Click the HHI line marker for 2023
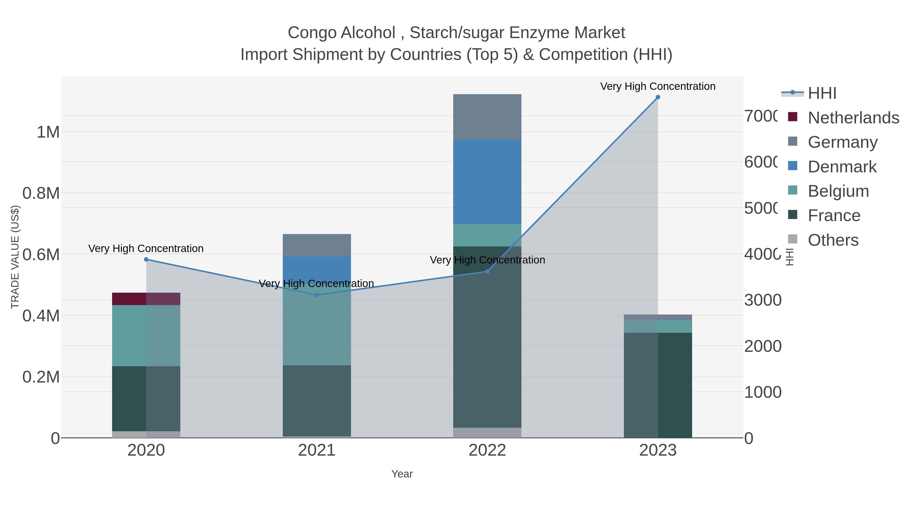658,97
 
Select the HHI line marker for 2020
146,260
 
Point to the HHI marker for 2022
487,271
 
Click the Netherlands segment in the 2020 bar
146,299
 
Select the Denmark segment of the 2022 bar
487,182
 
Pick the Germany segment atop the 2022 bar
487,117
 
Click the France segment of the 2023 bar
658,385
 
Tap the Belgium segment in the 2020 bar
146,336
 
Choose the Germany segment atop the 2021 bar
317,245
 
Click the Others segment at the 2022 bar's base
487,433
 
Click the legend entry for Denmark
842,167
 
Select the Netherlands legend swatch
793,117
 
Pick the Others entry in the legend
833,240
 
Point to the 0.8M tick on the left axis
41,194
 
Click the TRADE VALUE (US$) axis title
15,257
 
